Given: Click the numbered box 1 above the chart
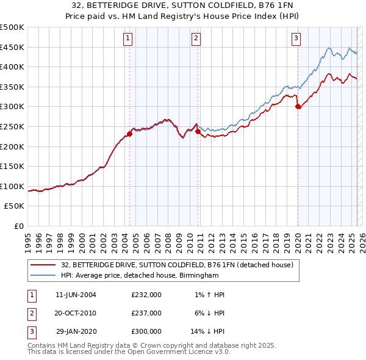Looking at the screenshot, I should (128, 38).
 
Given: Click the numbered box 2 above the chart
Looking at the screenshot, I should (196, 38).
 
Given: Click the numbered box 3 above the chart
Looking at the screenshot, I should (296, 38).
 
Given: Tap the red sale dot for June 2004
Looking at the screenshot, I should (130, 134).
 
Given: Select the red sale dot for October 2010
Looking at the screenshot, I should (198, 131).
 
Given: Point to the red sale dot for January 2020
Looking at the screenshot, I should (298, 107).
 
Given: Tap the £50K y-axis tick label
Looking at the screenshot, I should (15, 206).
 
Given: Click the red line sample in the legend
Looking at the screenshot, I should (43, 265).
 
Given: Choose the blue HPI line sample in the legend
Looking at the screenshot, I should (43, 275).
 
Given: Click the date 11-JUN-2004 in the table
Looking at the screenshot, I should (76, 295).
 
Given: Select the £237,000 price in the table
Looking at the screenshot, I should (146, 313).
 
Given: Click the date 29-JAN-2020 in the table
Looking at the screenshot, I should (76, 331).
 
